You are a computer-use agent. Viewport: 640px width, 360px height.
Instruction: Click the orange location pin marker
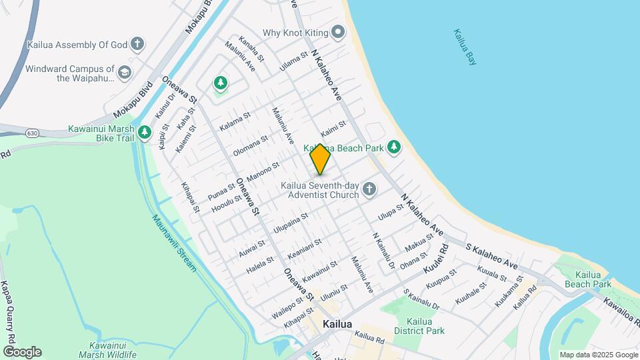tap(320, 159)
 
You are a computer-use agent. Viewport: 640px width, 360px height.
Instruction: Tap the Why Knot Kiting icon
tap(339, 32)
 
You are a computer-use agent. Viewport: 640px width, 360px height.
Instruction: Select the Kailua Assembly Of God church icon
tap(137, 45)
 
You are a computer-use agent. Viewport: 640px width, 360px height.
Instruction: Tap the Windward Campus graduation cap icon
tap(124, 72)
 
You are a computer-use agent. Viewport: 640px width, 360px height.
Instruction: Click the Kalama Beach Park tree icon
tap(394, 147)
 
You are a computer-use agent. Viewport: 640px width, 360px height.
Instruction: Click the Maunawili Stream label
tap(173, 242)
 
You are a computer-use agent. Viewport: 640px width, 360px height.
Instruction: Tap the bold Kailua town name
tap(337, 324)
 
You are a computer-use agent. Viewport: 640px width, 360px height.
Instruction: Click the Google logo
tap(22, 352)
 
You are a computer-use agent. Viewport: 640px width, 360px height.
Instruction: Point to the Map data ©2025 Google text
tap(598, 355)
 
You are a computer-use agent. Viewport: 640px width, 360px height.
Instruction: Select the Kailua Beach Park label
tap(593, 279)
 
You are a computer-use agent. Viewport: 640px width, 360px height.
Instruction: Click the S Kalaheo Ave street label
tap(491, 255)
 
